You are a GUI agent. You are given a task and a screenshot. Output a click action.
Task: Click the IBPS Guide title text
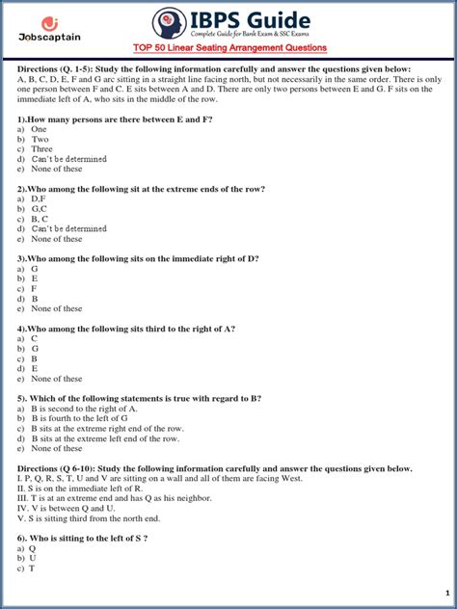pos(265,20)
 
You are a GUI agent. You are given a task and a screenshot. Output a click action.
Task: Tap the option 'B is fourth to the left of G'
pos(86,418)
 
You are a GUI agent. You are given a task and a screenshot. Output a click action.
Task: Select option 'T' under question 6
pos(33,569)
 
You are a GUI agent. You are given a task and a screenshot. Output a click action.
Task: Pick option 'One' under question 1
pos(39,129)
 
